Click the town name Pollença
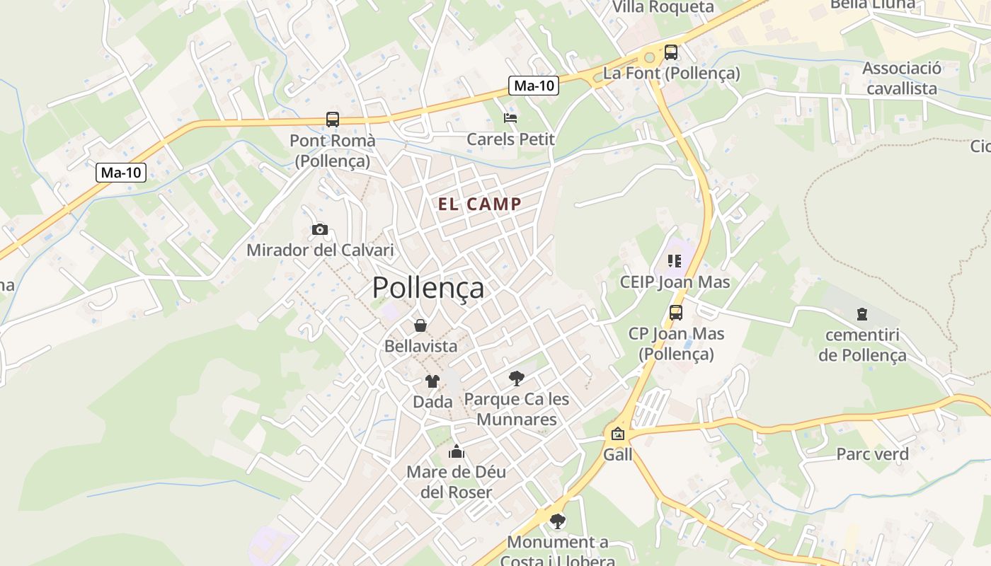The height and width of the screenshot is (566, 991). tap(428, 288)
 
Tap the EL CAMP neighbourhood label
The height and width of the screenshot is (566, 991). tap(480, 204)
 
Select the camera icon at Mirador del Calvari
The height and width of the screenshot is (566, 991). tap(320, 229)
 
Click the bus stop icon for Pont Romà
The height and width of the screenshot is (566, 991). tap(333, 120)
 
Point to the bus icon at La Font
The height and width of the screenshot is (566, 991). tap(670, 52)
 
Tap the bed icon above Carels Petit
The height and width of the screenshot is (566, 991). tap(510, 117)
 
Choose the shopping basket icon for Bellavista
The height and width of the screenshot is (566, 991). tap(420, 325)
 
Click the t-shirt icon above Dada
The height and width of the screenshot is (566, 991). tap(432, 381)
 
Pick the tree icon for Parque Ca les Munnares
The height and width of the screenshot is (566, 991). tap(517, 379)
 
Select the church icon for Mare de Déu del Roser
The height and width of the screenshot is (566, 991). tap(457, 451)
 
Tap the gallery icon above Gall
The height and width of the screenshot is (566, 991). tap(618, 434)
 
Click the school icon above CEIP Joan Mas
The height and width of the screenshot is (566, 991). tap(674, 261)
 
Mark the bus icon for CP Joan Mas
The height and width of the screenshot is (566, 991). tap(676, 312)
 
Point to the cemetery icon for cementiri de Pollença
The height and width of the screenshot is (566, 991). tap(862, 313)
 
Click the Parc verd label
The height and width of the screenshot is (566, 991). tap(872, 454)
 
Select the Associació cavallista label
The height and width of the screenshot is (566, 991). tap(902, 79)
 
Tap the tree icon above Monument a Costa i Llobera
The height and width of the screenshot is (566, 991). tap(558, 521)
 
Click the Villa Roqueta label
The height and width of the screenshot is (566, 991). tap(663, 7)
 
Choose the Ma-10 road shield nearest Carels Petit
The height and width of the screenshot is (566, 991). tap(534, 86)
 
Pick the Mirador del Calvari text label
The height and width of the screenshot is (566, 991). tap(320, 250)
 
